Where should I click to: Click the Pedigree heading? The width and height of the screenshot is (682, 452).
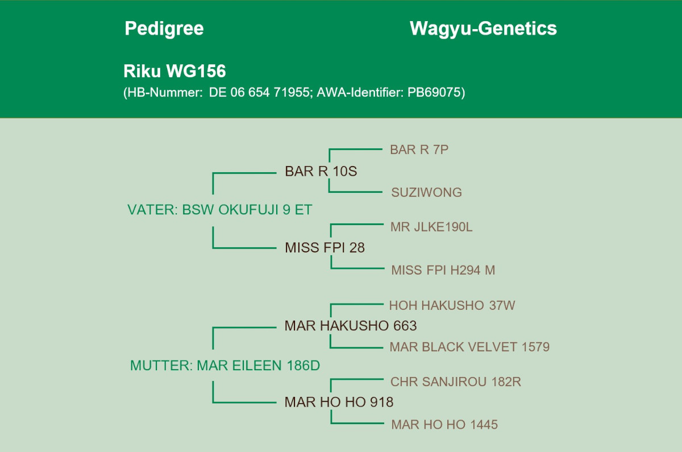(x=164, y=28)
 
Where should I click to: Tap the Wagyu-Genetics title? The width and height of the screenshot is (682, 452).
(x=483, y=28)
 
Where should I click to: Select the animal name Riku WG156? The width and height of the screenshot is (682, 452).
(x=174, y=71)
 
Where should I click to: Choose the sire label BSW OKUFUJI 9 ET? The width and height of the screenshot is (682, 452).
(x=247, y=210)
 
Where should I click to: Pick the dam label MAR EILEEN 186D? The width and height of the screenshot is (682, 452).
(x=258, y=366)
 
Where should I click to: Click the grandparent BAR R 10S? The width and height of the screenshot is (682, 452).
(x=321, y=171)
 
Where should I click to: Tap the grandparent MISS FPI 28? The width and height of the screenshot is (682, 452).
(x=325, y=248)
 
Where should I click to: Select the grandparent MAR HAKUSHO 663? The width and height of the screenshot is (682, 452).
(x=351, y=326)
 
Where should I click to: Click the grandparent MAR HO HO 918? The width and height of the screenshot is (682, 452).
(x=339, y=403)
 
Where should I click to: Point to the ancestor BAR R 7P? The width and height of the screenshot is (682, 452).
(x=419, y=150)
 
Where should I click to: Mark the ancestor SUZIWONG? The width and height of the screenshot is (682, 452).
(x=426, y=193)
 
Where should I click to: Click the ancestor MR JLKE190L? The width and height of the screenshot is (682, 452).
(x=431, y=227)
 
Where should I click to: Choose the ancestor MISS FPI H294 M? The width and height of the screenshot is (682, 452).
(x=443, y=271)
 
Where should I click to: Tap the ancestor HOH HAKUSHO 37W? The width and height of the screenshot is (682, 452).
(x=452, y=305)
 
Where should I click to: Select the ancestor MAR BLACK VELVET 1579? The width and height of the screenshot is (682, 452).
(x=469, y=347)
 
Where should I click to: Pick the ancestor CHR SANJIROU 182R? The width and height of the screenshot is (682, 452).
(x=456, y=382)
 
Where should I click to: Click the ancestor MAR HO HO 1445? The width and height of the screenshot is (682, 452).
(x=444, y=425)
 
